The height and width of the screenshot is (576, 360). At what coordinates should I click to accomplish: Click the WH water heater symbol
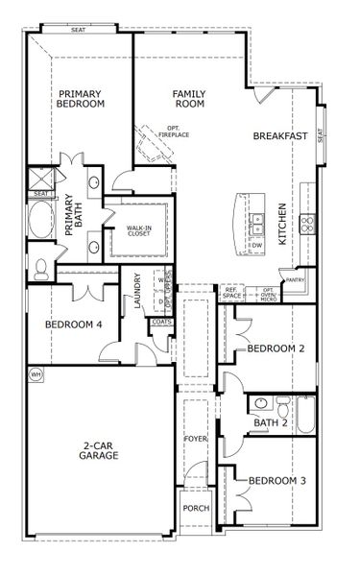[36, 373]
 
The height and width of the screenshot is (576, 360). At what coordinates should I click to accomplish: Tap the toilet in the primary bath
[40, 270]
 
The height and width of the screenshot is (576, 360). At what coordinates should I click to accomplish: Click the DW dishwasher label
[256, 246]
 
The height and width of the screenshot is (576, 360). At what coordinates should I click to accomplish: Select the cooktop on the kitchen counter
[307, 224]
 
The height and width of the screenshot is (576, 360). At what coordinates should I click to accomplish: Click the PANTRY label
[296, 280]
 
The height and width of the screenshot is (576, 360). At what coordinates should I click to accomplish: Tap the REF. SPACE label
[232, 292]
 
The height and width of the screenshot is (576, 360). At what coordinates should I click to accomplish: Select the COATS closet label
[160, 322]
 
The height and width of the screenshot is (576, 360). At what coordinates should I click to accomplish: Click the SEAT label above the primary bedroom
[78, 30]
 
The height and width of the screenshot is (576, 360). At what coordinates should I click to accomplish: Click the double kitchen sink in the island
[256, 226]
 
